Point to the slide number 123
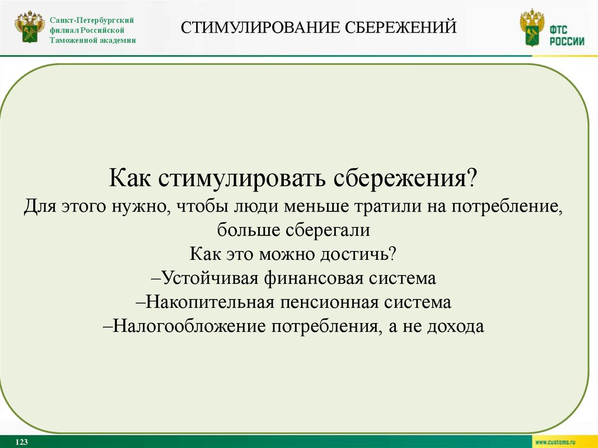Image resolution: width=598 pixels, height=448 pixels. [23, 441]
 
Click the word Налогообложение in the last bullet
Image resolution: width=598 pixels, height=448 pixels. [188, 326]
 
